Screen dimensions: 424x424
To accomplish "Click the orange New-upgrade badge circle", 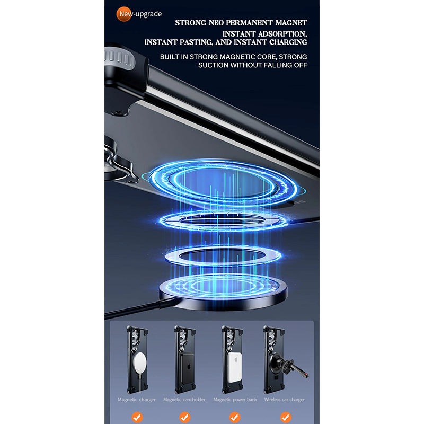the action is (x=124, y=14).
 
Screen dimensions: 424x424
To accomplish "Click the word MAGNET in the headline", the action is (x=291, y=23).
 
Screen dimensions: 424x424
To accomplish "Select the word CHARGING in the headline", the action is (x=288, y=42).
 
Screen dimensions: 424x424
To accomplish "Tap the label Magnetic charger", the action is (x=137, y=400).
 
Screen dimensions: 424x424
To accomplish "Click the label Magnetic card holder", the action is (x=184, y=400).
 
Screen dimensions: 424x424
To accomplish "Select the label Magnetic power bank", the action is (x=235, y=400).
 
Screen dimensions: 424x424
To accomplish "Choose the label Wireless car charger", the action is (x=285, y=400).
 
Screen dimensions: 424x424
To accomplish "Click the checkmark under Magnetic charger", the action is (x=137, y=417).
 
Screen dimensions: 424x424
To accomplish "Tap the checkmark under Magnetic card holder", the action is (x=184, y=417).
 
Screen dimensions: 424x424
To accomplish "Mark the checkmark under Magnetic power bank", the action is (x=235, y=417).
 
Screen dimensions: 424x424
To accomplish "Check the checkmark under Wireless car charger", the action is (x=286, y=417).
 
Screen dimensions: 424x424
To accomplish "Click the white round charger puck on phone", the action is (x=140, y=363).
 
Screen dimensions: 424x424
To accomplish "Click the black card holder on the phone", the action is (x=188, y=368).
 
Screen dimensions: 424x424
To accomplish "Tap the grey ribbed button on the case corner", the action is (x=120, y=59).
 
